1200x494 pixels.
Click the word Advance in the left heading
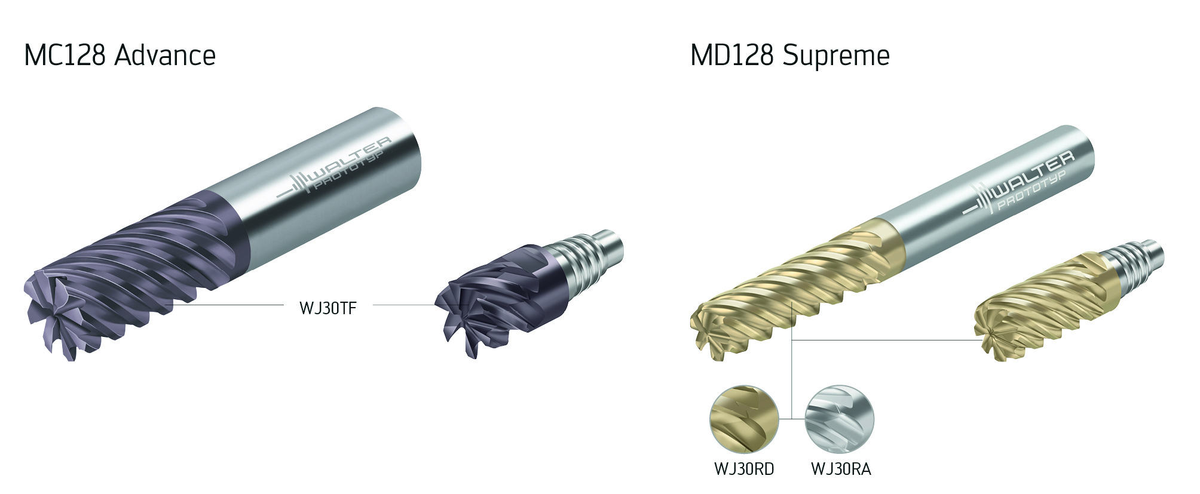click(x=164, y=56)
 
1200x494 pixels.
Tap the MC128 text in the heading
click(x=65, y=56)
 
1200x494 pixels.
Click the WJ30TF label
click(x=328, y=308)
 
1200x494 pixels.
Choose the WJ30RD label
click(x=744, y=470)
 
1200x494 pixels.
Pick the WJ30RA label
click(x=841, y=470)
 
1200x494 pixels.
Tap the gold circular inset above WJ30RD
click(x=745, y=420)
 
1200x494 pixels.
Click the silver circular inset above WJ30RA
click(x=840, y=420)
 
